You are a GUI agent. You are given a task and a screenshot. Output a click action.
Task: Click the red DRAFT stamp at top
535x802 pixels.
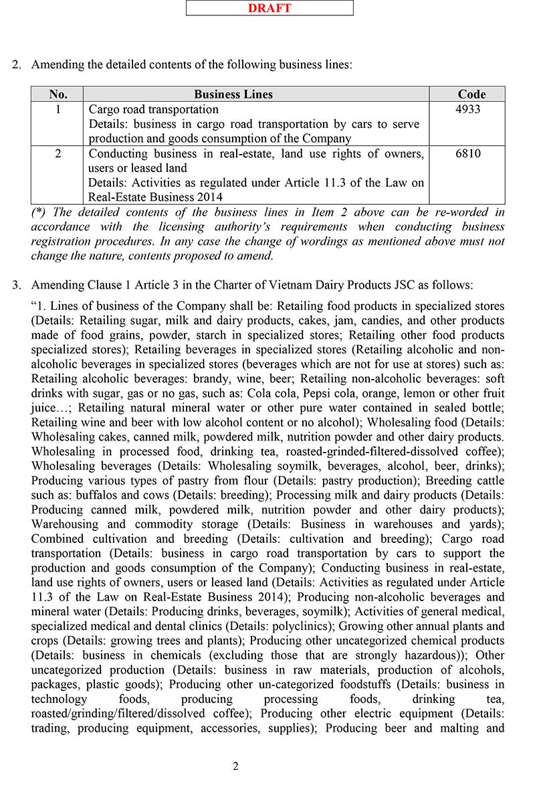coord(270,8)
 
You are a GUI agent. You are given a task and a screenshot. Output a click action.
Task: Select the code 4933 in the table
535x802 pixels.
coord(467,109)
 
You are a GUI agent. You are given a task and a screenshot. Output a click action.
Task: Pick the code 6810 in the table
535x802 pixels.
coord(467,153)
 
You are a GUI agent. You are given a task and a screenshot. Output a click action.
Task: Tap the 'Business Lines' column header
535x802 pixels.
coord(233,94)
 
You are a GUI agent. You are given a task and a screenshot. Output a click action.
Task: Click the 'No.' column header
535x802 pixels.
coord(58,94)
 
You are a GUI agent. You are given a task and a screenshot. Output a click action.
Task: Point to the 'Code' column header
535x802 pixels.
coord(471,94)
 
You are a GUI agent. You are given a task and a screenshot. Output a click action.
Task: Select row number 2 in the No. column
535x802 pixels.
coord(58,153)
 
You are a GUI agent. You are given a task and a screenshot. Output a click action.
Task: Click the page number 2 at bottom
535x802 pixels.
coord(235,767)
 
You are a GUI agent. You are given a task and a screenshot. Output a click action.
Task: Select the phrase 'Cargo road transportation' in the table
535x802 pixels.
coord(154,109)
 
